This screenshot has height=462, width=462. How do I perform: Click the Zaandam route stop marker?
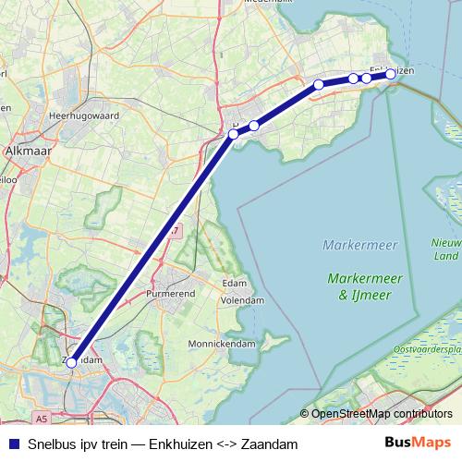71,363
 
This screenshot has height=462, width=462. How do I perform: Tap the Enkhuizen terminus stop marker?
391,74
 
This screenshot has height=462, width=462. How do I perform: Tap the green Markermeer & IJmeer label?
360,286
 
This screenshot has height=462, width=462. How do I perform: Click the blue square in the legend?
12,444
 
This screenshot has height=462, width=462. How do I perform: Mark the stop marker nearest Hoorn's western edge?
234,134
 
